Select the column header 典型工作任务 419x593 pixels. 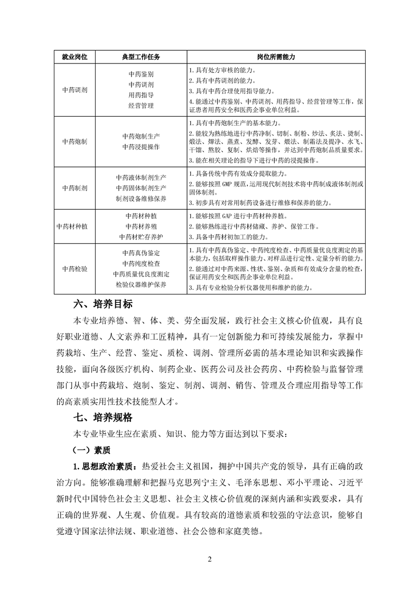141,56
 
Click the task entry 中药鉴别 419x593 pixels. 141,75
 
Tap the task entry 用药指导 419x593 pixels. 141,95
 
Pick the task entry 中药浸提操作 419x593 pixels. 141,146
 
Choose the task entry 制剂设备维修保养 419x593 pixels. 141,198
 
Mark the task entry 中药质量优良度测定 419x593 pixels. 141,274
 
